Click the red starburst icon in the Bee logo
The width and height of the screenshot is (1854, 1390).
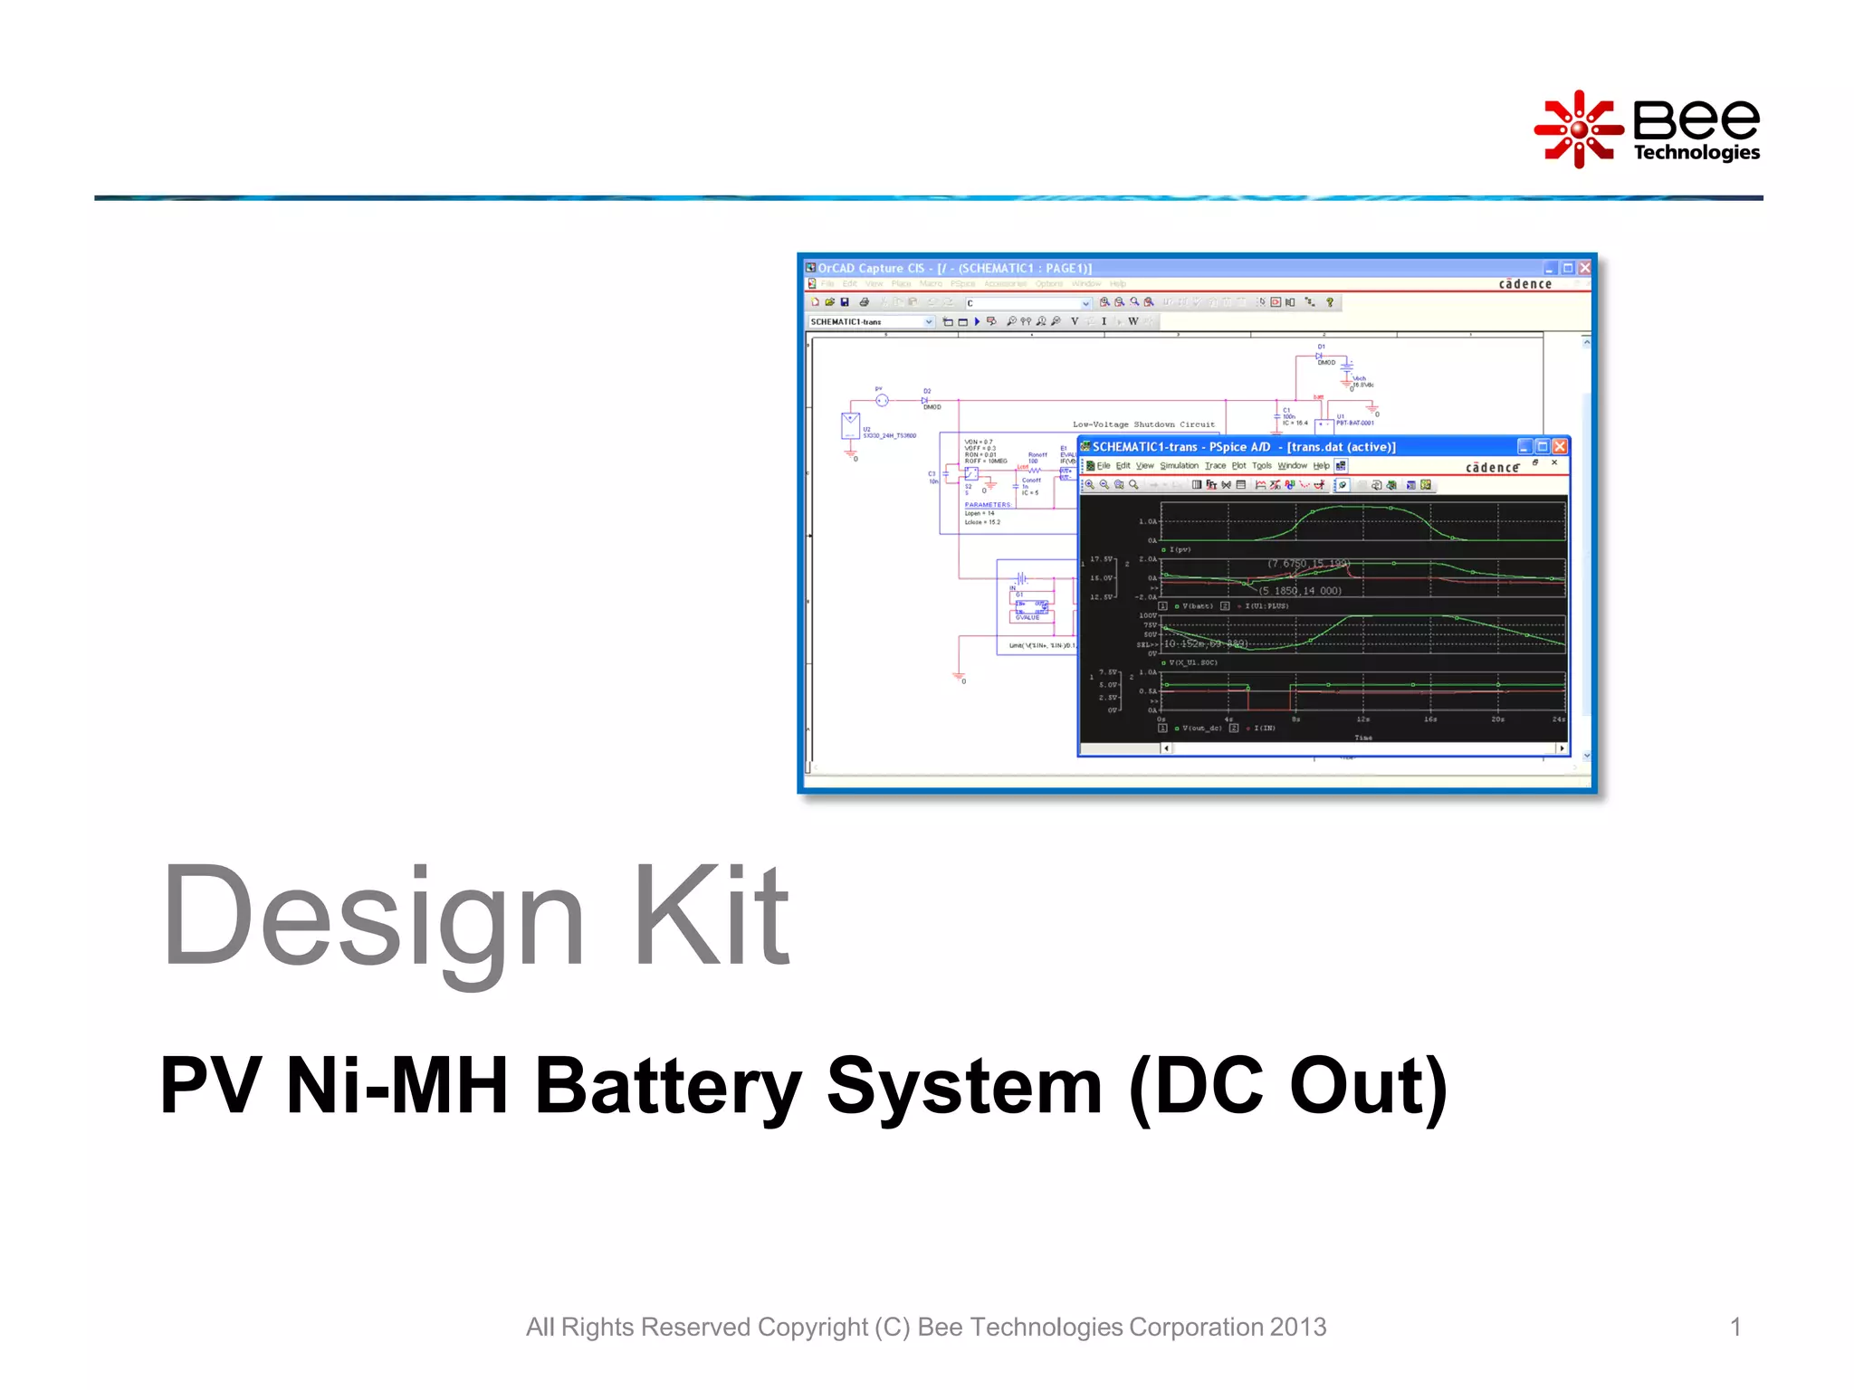coord(1578,129)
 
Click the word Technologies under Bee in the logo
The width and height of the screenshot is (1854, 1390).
coord(1696,152)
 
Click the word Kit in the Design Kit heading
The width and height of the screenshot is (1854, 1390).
coord(712,916)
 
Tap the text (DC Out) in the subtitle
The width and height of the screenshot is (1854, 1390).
coord(1288,1086)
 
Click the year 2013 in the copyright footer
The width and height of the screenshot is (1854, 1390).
coord(1297,1327)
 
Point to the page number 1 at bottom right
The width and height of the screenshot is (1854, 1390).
coord(1735,1327)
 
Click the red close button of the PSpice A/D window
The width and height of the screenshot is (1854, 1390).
coord(1560,446)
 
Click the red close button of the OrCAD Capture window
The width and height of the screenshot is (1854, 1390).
coord(1584,268)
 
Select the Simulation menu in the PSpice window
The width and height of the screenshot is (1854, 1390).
coord(1179,466)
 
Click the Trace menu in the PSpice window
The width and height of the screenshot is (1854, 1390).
coord(1215,466)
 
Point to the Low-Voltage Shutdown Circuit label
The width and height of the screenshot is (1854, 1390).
coord(1143,424)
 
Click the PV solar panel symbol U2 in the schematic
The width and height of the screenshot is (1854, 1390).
coord(850,424)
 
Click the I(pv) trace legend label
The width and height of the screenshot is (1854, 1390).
coord(1180,549)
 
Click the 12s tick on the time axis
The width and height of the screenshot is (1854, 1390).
coord(1362,719)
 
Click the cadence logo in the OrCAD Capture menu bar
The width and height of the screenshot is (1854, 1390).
coord(1525,284)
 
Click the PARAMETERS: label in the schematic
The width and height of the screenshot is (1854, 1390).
coord(988,505)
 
